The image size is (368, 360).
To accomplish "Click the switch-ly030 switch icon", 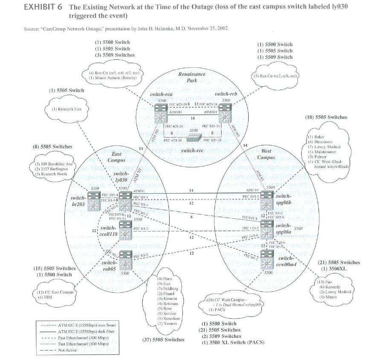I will [x=125, y=200].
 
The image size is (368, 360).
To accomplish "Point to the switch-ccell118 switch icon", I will [x=125, y=233].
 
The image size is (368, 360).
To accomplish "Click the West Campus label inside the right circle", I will [x=266, y=154].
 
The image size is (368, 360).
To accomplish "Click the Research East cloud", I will [x=67, y=109].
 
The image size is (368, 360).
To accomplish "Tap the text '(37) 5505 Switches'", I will [x=163, y=340].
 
